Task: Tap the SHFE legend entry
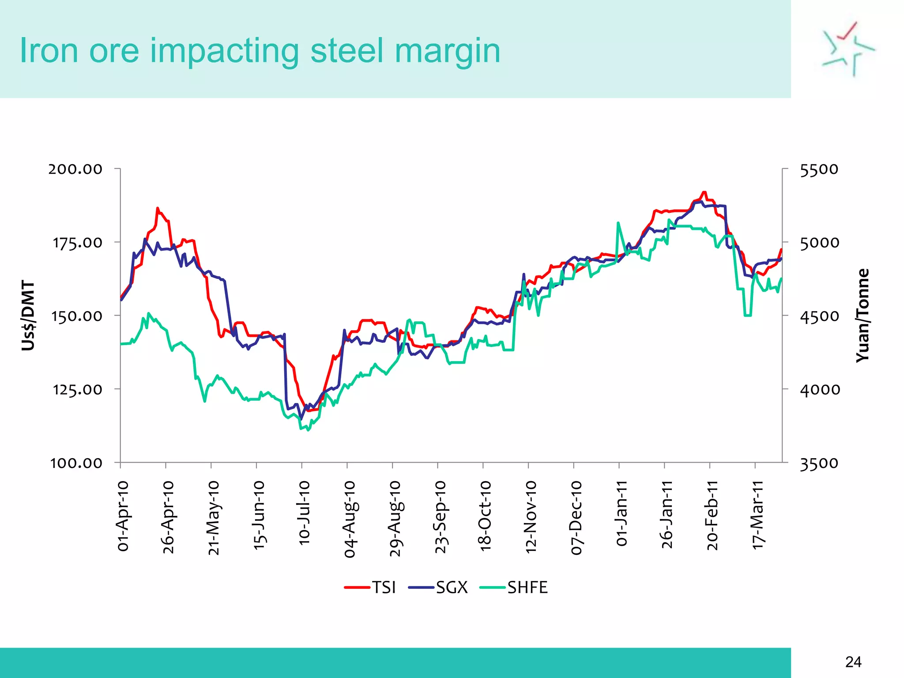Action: coord(515,588)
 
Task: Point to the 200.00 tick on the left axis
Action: coord(75,169)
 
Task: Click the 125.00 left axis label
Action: coord(77,389)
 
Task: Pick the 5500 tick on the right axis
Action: coord(819,169)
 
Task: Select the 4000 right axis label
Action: coord(820,389)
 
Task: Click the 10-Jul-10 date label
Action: coord(304,513)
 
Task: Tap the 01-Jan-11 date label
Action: coord(621,513)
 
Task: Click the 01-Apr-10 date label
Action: coord(123,516)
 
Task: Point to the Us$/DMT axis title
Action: coord(28,315)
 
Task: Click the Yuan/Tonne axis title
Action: coord(863,315)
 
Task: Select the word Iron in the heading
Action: coord(49,51)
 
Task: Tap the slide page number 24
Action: coord(853,662)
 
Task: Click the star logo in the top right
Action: coord(847,49)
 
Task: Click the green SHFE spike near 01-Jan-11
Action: coord(618,223)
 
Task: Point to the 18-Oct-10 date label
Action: coord(486,516)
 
